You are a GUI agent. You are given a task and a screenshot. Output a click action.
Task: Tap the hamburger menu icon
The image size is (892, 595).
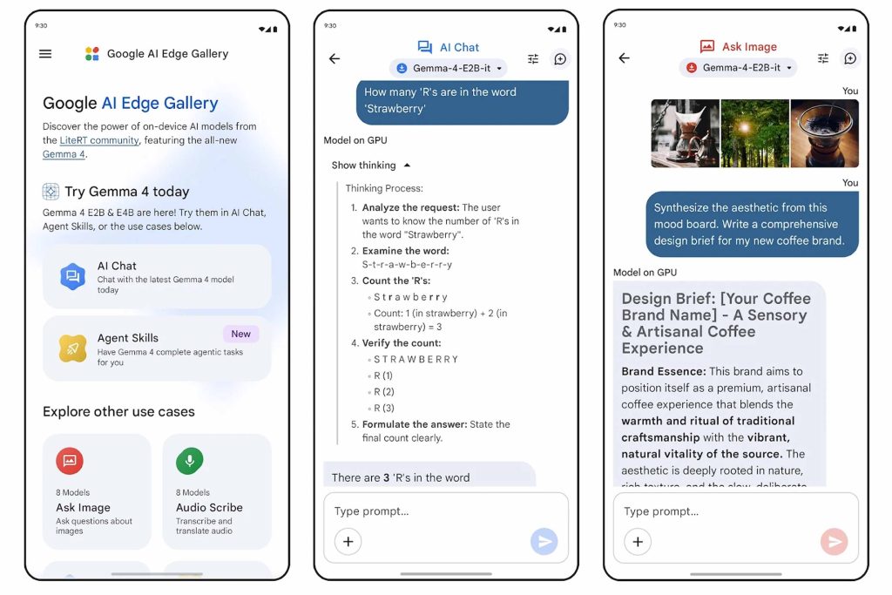45,53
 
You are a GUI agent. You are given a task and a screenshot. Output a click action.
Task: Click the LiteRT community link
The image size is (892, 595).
99,140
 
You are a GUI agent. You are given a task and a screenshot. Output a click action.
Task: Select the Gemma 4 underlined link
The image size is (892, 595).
64,154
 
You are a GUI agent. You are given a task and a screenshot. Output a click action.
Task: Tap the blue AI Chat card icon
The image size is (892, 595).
73,276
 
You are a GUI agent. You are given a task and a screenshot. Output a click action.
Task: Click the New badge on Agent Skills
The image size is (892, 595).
240,334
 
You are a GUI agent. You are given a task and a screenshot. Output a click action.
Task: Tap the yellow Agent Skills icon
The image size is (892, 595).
73,348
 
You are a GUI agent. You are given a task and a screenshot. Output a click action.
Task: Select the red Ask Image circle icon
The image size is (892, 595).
70,460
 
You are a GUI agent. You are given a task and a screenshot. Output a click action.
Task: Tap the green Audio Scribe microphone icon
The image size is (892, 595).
189,460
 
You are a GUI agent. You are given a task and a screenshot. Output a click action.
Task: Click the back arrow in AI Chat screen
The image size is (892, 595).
334,58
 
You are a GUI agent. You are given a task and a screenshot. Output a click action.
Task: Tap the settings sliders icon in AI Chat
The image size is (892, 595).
533,58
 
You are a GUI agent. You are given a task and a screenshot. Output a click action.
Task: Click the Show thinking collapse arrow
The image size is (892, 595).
408,166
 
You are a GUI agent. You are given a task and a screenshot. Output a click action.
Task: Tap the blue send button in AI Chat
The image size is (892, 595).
544,541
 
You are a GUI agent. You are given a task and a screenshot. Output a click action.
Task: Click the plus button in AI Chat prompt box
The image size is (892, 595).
348,542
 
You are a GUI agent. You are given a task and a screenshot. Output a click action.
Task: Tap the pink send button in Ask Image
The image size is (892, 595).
834,541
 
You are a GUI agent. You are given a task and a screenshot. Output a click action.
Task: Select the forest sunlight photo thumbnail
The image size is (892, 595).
755,133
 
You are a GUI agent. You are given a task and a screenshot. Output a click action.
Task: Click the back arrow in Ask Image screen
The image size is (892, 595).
624,58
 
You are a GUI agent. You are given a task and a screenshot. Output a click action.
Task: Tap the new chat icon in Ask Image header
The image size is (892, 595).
850,58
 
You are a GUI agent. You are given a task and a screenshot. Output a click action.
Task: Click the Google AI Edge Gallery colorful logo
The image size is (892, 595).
92,53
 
